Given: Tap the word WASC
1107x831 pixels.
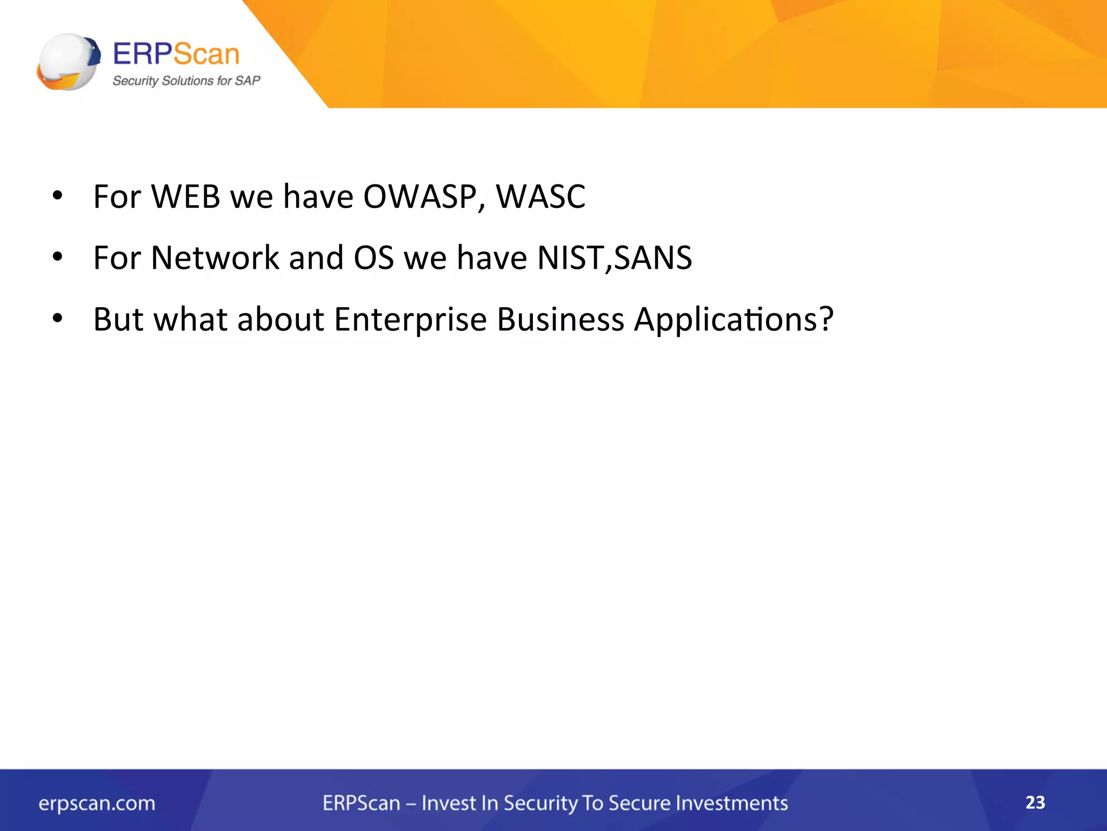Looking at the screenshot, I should [541, 196].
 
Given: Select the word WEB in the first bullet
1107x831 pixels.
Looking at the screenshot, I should [185, 196].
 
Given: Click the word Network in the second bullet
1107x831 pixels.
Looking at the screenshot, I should [215, 258].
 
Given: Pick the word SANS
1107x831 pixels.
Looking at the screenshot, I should [653, 258].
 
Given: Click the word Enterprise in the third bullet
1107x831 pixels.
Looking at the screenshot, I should [410, 319].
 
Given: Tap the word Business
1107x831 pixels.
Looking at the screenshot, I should [561, 319].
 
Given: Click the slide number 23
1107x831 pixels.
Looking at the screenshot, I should [1035, 802].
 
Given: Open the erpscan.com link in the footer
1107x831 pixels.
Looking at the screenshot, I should [97, 803].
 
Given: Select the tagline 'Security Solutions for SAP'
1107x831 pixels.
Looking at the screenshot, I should [186, 81].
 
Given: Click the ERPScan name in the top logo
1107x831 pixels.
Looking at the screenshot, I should [176, 54].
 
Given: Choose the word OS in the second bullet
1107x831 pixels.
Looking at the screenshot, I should [374, 258].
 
